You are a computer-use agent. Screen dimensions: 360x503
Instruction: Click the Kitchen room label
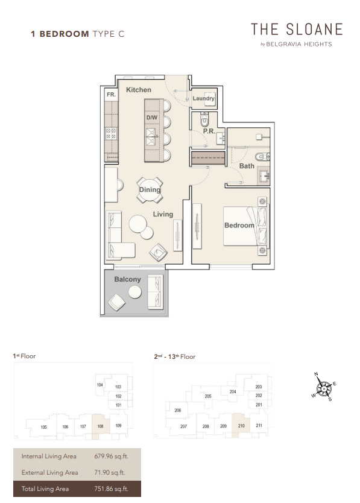138,90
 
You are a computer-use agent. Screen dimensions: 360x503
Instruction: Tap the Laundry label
203,98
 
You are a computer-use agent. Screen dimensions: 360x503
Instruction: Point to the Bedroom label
239,225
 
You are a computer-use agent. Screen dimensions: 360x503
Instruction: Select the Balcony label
127,279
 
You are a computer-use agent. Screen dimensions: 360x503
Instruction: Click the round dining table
150,190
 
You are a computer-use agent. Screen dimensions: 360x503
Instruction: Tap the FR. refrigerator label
111,95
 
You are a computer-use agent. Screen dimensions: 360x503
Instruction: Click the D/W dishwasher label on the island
152,118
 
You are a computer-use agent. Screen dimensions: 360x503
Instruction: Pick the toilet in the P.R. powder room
204,120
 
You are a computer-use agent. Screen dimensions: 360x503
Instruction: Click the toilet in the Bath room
263,157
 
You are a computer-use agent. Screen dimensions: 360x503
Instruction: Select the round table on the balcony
134,292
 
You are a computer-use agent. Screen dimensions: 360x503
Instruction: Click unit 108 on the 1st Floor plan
101,426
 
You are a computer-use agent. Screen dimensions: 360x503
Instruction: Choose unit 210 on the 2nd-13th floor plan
241,426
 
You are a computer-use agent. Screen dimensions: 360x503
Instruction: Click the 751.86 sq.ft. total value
111,489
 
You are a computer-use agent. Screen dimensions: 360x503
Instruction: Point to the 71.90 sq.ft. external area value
109,472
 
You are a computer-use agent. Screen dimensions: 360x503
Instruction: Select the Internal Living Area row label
49,456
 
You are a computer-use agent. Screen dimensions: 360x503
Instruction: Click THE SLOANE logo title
297,29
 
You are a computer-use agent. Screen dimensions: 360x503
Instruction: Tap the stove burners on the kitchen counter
112,133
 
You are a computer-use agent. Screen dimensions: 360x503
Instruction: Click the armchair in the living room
158,252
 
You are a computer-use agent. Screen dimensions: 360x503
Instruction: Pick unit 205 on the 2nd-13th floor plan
208,396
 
